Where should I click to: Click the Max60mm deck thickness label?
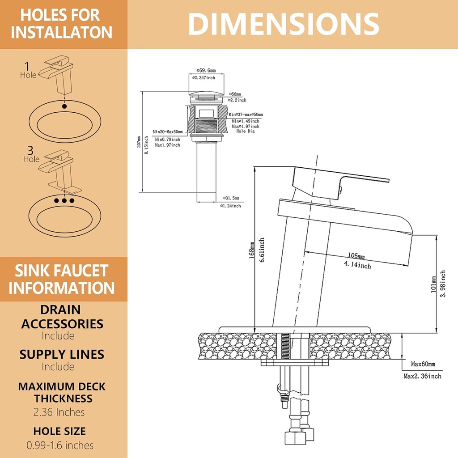[423, 364]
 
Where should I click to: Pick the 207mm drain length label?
[139, 142]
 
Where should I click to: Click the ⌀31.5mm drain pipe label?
[231, 198]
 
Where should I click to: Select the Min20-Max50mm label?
[167, 132]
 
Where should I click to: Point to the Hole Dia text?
[245, 131]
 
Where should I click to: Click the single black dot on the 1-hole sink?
[65, 106]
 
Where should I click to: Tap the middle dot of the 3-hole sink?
[64, 201]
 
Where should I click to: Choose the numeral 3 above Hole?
[31, 150]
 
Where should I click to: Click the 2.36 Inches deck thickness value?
[59, 412]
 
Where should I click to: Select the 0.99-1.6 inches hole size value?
[59, 445]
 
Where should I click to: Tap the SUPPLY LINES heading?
[62, 355]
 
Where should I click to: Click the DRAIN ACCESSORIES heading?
[62, 317]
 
